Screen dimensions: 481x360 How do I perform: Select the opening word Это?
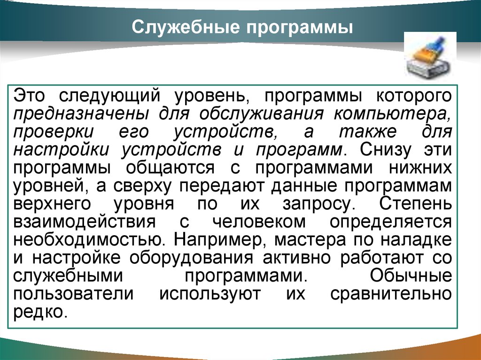tap(29, 95)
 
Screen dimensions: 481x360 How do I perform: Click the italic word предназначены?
tap(81, 115)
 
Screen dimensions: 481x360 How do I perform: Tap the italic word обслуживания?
tap(261, 114)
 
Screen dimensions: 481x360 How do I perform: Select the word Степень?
tap(415, 204)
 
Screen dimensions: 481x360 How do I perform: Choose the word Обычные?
tap(411, 276)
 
